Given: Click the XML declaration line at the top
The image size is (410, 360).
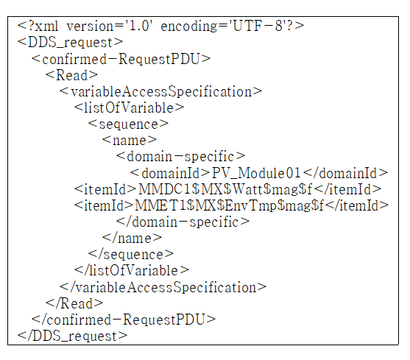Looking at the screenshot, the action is click(x=160, y=27).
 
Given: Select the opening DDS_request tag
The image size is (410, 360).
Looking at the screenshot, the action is click(x=70, y=43).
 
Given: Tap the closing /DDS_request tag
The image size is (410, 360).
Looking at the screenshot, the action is click(x=72, y=336).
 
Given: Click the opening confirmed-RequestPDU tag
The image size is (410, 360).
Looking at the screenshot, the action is click(x=121, y=59).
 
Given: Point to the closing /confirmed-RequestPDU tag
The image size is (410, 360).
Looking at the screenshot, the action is click(x=124, y=320).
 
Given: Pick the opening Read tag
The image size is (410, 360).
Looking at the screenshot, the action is click(x=71, y=75).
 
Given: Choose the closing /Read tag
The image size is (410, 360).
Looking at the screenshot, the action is click(x=74, y=303).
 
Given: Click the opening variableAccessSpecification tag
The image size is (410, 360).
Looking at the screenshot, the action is click(x=160, y=91).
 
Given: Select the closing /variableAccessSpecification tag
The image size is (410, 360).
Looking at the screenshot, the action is click(x=163, y=287).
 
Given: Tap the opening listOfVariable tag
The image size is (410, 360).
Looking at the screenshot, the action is click(x=129, y=107).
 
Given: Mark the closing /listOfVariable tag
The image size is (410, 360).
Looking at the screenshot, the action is click(x=132, y=270).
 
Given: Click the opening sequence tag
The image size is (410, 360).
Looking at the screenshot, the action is click(x=128, y=124).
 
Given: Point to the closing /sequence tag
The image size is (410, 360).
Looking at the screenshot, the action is click(x=131, y=254).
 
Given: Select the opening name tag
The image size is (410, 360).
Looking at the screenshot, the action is click(x=130, y=141).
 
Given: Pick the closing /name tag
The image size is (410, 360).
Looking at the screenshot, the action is click(x=132, y=238).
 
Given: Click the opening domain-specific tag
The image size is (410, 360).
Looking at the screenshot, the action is click(x=180, y=157).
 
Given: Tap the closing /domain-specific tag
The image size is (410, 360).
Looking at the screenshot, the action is click(x=183, y=222).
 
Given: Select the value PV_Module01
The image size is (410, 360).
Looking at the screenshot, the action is click(x=256, y=173).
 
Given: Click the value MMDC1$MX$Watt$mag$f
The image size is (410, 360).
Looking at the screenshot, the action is click(x=225, y=189).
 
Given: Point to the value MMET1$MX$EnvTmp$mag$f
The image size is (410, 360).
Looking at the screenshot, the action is click(x=230, y=205).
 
